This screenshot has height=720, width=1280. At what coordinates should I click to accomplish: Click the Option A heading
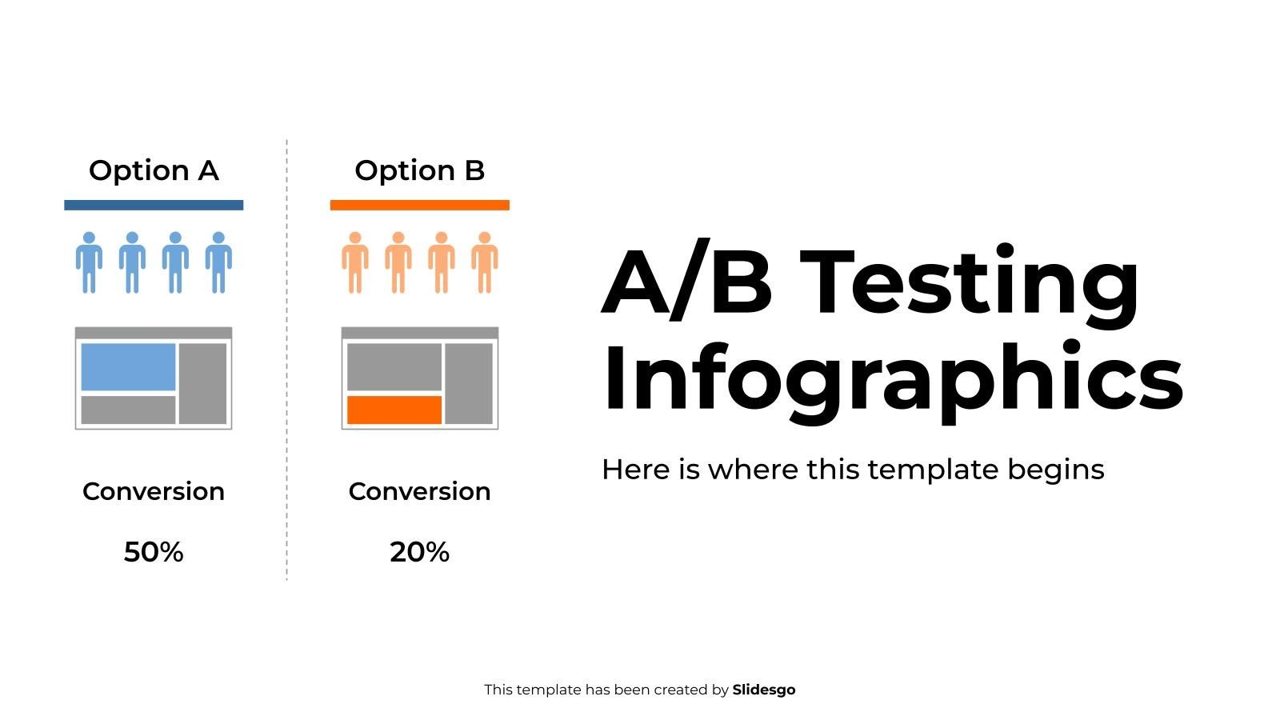(x=154, y=170)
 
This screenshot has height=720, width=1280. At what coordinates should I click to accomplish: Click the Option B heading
(x=419, y=170)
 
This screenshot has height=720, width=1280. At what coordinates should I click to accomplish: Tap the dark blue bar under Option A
(x=154, y=205)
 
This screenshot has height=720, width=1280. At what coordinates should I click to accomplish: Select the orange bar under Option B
(x=419, y=205)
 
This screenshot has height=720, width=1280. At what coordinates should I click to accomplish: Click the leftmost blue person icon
(x=89, y=263)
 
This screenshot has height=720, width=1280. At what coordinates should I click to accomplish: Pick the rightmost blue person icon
(x=218, y=263)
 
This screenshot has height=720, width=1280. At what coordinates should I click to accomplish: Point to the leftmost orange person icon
(x=355, y=263)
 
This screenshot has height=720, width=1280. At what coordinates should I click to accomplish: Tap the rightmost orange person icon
(x=485, y=263)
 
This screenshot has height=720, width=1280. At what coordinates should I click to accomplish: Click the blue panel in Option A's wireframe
(x=128, y=367)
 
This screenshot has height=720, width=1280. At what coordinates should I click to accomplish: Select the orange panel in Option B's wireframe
(x=394, y=410)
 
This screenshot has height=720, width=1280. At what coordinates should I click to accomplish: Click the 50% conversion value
(x=154, y=552)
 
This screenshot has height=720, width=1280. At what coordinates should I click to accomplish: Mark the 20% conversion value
(x=419, y=552)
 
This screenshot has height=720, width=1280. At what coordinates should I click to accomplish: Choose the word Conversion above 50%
(x=154, y=491)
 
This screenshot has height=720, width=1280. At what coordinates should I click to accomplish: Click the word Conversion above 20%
(x=419, y=491)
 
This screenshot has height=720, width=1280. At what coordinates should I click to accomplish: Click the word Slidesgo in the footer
(x=764, y=690)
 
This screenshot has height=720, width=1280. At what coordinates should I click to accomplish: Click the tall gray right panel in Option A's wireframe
(x=203, y=383)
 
